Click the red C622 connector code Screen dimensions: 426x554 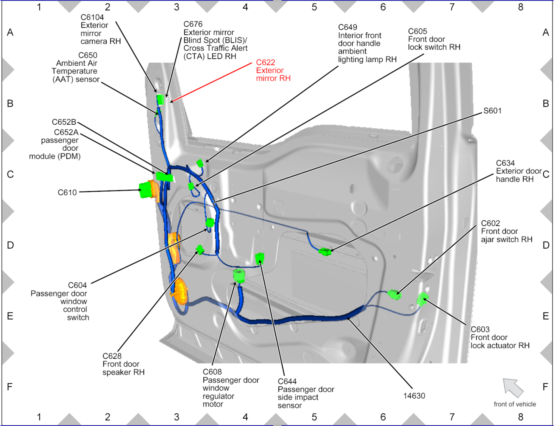click(x=265, y=62)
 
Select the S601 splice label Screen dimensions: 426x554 click(x=492, y=111)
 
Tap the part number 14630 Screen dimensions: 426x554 click(x=414, y=396)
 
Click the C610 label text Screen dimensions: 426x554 click(x=67, y=193)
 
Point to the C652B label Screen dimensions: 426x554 click(x=64, y=122)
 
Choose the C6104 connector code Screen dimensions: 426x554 click(x=92, y=17)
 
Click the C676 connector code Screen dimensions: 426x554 click(x=193, y=24)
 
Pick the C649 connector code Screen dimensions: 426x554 click(x=347, y=27)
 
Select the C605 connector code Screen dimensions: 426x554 click(x=417, y=31)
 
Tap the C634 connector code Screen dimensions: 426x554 click(x=505, y=163)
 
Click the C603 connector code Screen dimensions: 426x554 click(x=480, y=329)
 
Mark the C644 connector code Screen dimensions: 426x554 click(x=287, y=381)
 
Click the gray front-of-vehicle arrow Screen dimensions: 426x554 click(x=513, y=387)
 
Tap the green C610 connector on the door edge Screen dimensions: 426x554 click(x=145, y=190)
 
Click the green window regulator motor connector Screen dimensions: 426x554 click(x=239, y=275)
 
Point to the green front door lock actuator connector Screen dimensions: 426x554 click(x=422, y=299)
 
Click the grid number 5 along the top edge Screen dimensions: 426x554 click(x=314, y=7)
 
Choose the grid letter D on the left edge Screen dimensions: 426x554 click(x=10, y=245)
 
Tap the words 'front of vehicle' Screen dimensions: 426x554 click(x=515, y=404)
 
